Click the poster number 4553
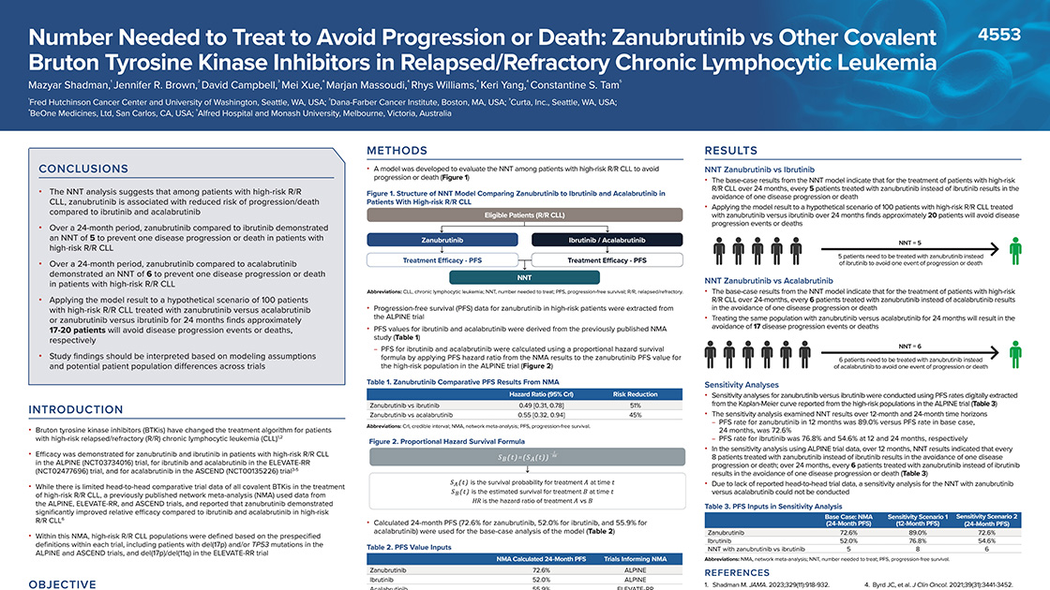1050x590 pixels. pyautogui.click(x=998, y=35)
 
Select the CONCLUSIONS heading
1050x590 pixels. pyautogui.click(x=77, y=169)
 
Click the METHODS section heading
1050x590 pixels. pyautogui.click(x=397, y=150)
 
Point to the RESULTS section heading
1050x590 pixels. pyautogui.click(x=730, y=150)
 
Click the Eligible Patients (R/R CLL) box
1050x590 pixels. pyautogui.click(x=524, y=215)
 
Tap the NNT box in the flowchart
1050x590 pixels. pyautogui.click(x=524, y=277)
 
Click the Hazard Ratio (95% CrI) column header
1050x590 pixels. pyautogui.click(x=532, y=394)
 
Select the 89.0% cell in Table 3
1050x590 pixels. pyautogui.click(x=920, y=531)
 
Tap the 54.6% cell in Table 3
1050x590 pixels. pyautogui.click(x=987, y=539)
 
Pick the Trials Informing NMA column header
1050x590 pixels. pyautogui.click(x=635, y=558)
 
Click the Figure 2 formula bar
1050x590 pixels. pyautogui.click(x=524, y=456)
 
